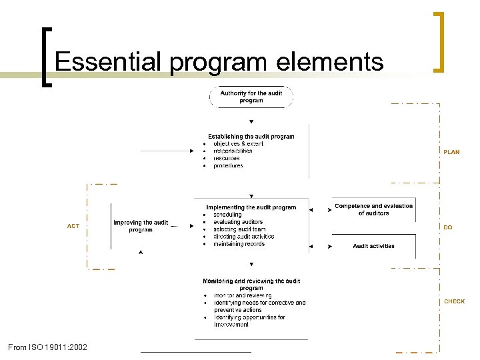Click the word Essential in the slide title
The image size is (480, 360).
pos(107,61)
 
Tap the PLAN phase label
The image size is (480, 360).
pos(451,152)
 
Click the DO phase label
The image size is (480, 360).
pos(448,227)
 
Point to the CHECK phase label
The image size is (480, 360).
pos(454,301)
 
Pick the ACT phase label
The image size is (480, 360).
pos(73,226)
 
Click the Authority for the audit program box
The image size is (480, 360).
pos(251,97)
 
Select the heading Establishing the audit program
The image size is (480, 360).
pos(251,137)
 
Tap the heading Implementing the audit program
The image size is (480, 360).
pos(251,207)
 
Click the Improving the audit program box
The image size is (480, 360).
pos(141,226)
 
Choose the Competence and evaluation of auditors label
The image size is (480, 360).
pos(373,209)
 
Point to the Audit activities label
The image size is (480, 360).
pos(373,246)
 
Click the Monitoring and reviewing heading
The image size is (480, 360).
pos(251,285)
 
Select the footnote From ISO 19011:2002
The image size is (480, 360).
pos(47,347)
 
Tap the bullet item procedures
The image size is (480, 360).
pos(228,166)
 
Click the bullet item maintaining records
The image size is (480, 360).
pos(239,244)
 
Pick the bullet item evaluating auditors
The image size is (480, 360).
pos(238,222)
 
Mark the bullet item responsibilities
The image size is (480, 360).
pos(233,151)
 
